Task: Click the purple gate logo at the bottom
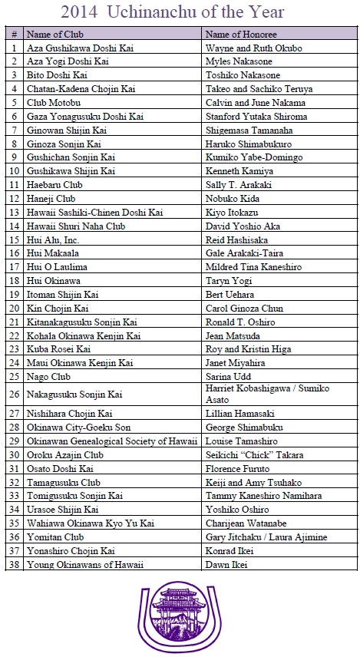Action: [x=180, y=618]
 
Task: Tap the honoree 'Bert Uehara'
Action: [x=230, y=295]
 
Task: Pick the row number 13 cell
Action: [x=15, y=213]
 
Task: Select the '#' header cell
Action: [x=15, y=35]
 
